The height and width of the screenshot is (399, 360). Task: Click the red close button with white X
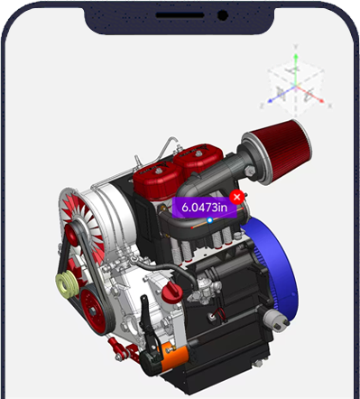coord(237,197)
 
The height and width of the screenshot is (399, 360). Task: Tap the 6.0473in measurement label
coord(205,208)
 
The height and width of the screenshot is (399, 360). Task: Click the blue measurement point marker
coord(210,220)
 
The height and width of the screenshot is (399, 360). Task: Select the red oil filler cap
coord(172,292)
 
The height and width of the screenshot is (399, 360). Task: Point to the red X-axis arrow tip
coord(322,100)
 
